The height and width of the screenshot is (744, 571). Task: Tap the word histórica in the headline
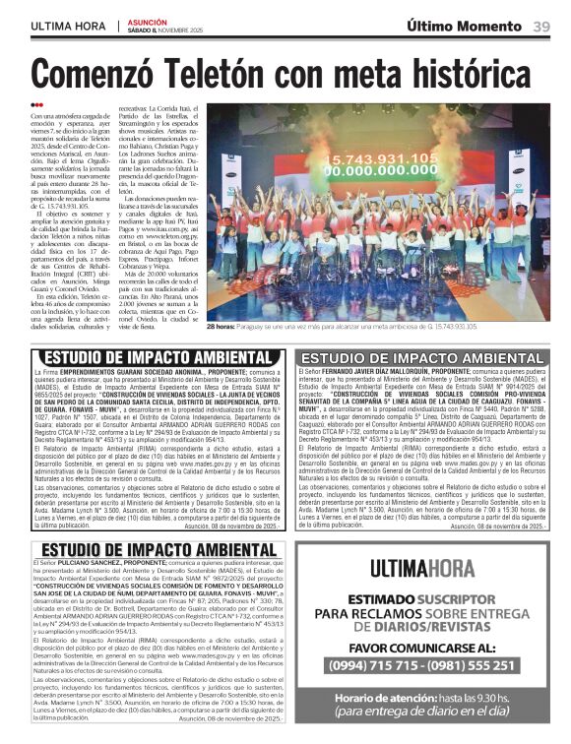tap(466, 75)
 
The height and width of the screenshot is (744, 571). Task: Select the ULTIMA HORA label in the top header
tap(66, 27)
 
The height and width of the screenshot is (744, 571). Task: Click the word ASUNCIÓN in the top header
tap(148, 21)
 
